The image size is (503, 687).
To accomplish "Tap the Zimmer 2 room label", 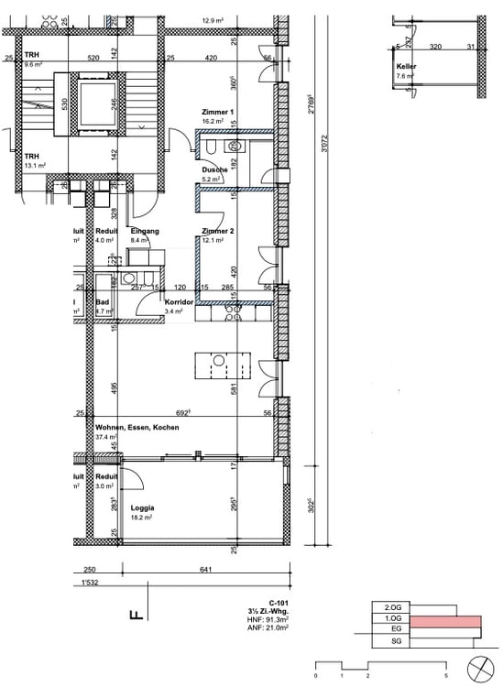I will tap(217, 232).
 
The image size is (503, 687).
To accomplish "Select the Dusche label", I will tap(213, 170).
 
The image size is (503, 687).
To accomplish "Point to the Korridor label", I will tap(177, 301).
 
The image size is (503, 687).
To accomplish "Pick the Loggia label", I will tap(142, 507).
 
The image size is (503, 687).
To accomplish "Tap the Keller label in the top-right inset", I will tap(407, 68).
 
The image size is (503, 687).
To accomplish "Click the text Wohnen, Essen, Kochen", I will tap(137, 428).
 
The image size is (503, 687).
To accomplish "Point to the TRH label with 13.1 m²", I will tap(32, 156).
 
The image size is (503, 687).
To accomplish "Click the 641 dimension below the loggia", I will tap(205, 570).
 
